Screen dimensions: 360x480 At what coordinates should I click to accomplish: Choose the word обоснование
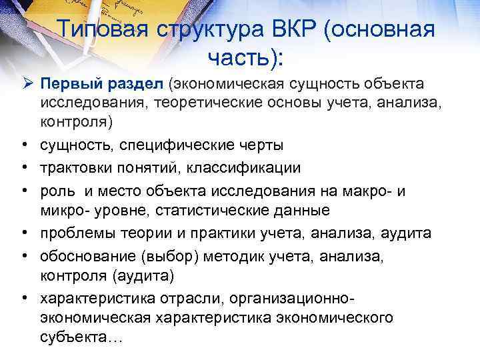(x=87, y=255)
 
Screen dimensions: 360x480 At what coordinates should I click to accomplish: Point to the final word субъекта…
(x=81, y=337)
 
